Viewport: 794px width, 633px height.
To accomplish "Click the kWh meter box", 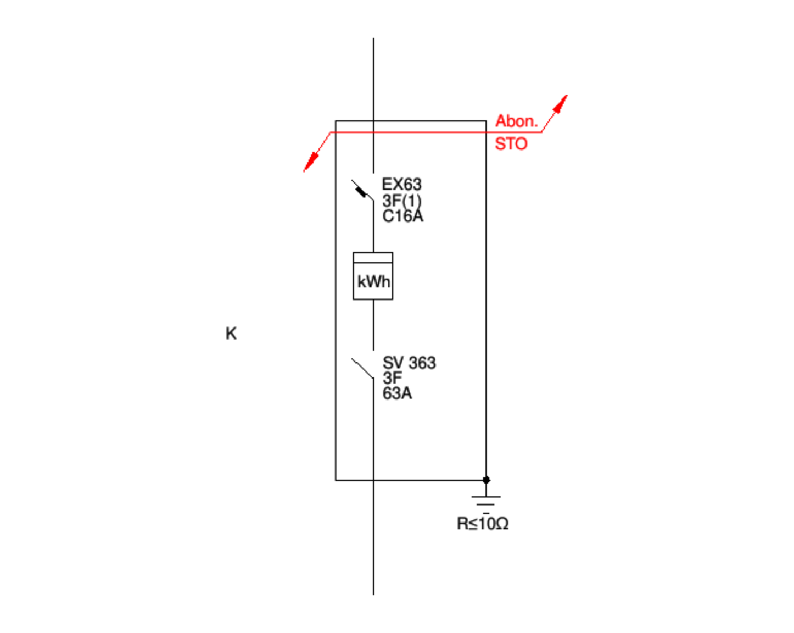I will [x=373, y=276].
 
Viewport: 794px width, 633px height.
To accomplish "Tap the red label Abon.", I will [x=516, y=121].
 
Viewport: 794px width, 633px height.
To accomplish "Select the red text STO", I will [x=511, y=144].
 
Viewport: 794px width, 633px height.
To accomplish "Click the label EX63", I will [x=401, y=184].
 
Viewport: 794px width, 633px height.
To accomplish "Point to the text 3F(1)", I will [x=401, y=201].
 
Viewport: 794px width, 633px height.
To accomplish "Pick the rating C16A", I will [x=402, y=216].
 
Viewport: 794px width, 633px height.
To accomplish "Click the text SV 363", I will [x=409, y=363].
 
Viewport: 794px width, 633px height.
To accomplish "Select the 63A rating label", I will [x=397, y=393].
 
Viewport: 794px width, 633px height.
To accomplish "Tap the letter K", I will [x=231, y=334].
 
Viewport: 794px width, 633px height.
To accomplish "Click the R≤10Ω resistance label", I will [x=483, y=524].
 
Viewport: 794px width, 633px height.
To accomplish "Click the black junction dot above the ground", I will [x=486, y=480].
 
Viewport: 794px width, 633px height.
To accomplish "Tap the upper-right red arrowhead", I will [x=561, y=103].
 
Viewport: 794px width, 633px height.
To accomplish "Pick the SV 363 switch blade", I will [x=363, y=369].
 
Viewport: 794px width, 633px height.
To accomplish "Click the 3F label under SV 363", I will [x=392, y=378].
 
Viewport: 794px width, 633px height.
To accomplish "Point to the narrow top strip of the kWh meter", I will [x=373, y=257].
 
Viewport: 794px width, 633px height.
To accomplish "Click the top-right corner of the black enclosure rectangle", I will [x=486, y=121].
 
